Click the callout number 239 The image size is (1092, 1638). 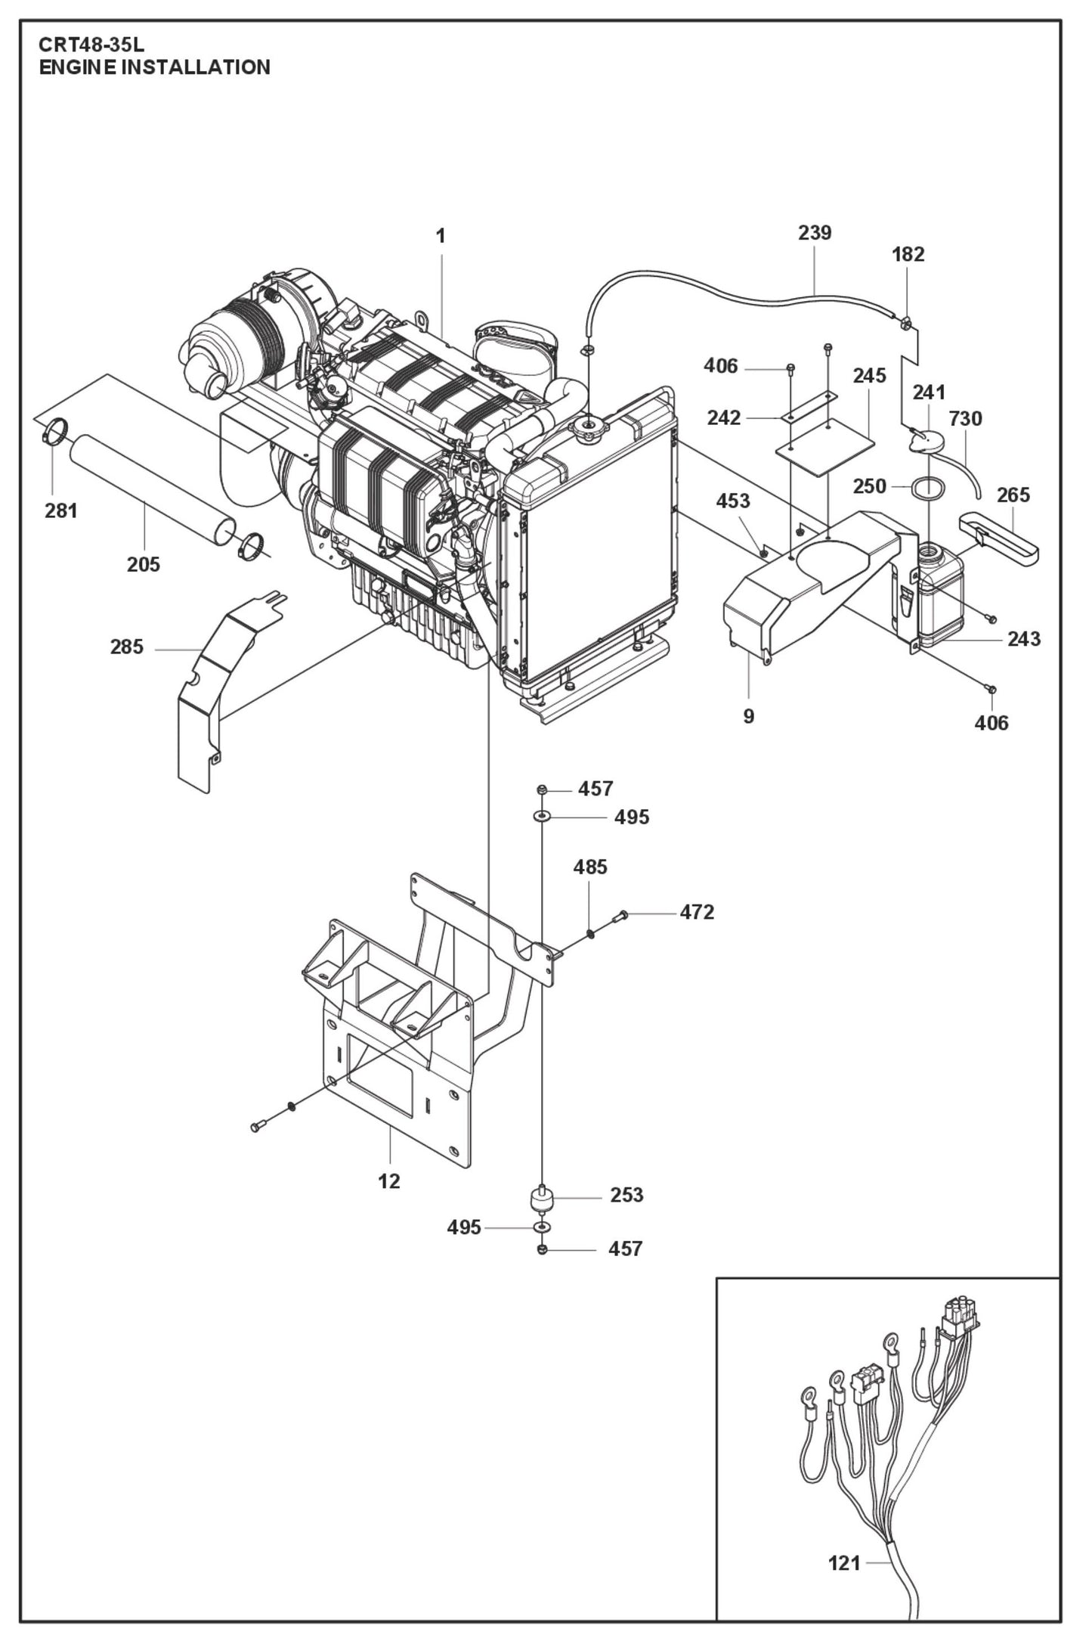814,232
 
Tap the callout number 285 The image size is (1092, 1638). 126,647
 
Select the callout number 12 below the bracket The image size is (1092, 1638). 388,1180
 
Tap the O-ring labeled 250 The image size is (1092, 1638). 929,488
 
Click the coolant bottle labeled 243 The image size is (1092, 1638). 940,597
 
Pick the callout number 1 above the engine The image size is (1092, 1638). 440,237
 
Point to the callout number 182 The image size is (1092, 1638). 908,254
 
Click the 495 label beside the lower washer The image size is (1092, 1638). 463,1227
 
